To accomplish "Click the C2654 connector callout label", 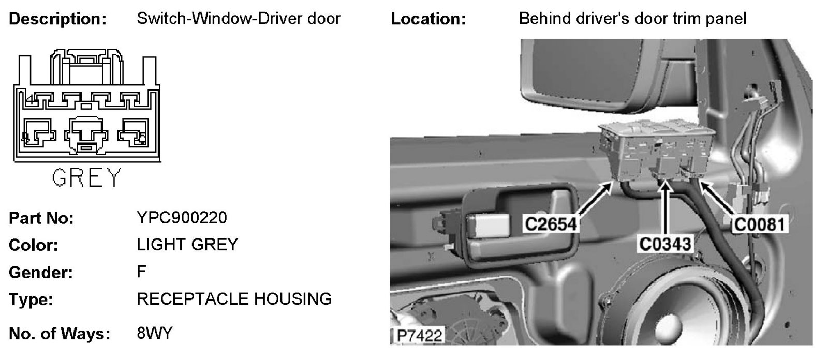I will click(x=551, y=224).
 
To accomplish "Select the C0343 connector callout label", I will click(x=666, y=243).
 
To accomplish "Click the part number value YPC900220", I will click(x=182, y=218).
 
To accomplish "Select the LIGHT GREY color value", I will click(x=187, y=244).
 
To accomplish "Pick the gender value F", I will click(x=141, y=272).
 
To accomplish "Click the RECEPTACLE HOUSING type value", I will click(x=234, y=299).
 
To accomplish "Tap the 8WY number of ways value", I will click(x=154, y=333).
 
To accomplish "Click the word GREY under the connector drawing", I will click(x=86, y=178).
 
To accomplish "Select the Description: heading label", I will click(x=58, y=19).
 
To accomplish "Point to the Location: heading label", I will click(x=428, y=19).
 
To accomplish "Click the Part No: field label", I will click(x=41, y=218).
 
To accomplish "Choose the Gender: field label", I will click(x=41, y=272).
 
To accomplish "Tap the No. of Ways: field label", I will click(x=60, y=334).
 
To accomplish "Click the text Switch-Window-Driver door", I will click(x=239, y=19).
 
